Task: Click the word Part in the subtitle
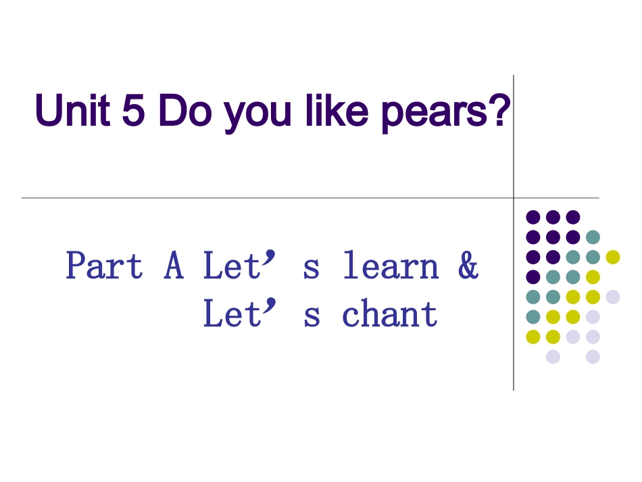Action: [x=104, y=266]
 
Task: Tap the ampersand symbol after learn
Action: [x=468, y=266]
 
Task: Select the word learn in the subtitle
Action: [x=391, y=266]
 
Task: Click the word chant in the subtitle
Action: [x=391, y=315]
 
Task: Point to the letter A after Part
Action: [x=174, y=266]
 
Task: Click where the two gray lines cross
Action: [x=514, y=198]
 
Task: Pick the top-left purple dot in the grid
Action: [x=533, y=217]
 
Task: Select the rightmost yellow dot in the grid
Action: [x=613, y=257]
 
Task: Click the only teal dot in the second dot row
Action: [x=593, y=237]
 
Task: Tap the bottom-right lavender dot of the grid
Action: [x=593, y=356]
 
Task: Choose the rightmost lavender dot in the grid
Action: [x=613, y=297]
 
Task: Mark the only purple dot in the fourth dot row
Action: [x=533, y=276]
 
